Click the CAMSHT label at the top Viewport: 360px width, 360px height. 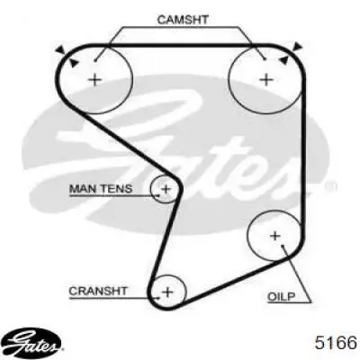coord(183,20)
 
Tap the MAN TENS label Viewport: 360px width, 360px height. coord(101,189)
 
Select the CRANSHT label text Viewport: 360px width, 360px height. coord(98,291)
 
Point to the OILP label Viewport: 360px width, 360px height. coord(281,297)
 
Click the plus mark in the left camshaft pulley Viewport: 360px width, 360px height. coord(95,80)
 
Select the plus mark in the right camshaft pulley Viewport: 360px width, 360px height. coord(266,80)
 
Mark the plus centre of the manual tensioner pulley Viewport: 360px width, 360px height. coord(166,189)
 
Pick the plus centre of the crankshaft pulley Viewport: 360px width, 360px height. coord(167,292)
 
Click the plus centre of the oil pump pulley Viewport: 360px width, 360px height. coord(275,236)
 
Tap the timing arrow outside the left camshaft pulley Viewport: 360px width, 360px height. coord(61,49)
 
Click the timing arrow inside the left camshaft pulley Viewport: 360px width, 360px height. coord(74,63)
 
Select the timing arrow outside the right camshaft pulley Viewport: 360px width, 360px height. coord(297,47)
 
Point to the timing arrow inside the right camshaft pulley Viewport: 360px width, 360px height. coord(283,60)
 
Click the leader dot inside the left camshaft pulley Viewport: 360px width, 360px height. coord(94,60)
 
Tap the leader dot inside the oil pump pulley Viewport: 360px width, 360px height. coord(283,246)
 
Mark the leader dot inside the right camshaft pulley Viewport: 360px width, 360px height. coord(265,58)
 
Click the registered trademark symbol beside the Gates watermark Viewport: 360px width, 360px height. coord(330,186)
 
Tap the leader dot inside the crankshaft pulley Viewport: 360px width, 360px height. coord(158,298)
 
